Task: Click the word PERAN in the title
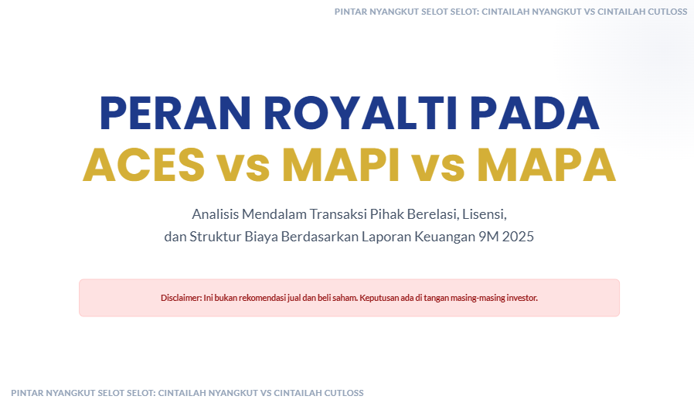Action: [x=175, y=113]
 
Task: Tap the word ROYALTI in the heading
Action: [x=360, y=113]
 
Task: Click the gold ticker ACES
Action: [x=144, y=166]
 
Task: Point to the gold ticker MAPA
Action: [x=546, y=166]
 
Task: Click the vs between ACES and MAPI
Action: [x=243, y=169]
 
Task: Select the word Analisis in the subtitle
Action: [x=215, y=214]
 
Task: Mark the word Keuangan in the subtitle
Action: [x=444, y=237]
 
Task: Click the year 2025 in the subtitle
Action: [x=518, y=237]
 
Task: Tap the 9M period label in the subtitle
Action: [x=488, y=237]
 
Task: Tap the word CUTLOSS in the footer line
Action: [x=344, y=393]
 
